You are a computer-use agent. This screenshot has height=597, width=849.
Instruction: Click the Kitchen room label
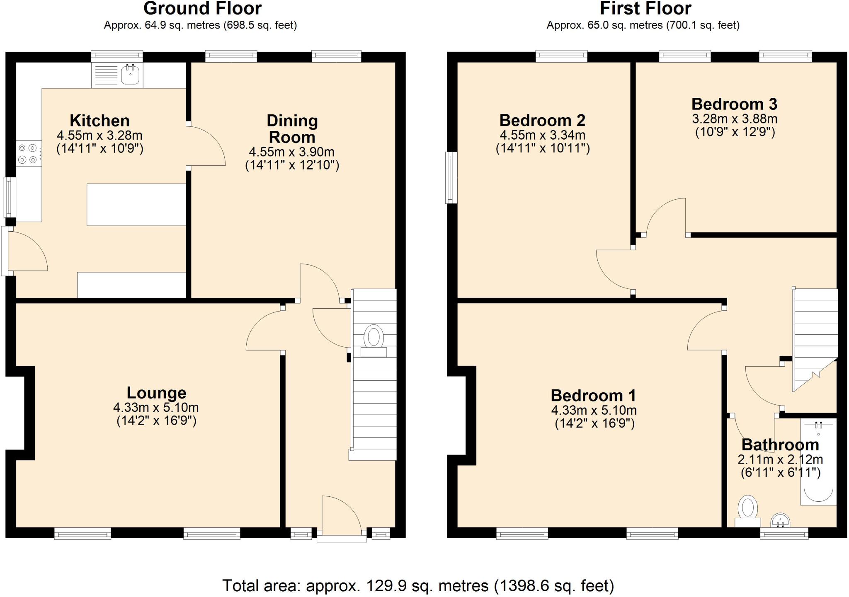(99, 121)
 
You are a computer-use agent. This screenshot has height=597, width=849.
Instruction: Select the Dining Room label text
(292, 129)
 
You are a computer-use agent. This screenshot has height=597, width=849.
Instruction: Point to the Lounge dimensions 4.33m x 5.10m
(156, 407)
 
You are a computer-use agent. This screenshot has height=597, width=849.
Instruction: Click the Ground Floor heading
(202, 8)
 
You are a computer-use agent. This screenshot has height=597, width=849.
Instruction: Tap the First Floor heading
(645, 8)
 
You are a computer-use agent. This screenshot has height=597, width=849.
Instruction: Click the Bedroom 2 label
(542, 121)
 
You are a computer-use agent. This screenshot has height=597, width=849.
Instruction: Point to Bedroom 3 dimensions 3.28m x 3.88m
(735, 119)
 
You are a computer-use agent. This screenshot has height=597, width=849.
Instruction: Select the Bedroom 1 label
(593, 396)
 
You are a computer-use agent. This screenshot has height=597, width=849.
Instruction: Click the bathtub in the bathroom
(818, 462)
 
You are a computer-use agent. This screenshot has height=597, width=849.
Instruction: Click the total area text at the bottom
(418, 586)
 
